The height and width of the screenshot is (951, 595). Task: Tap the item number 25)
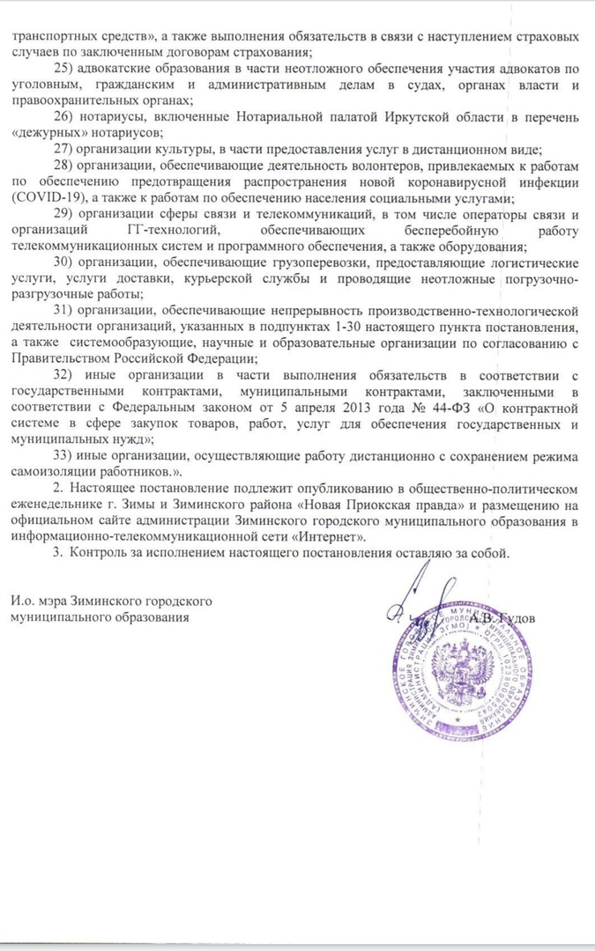tap(64, 69)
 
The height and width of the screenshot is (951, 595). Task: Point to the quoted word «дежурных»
tap(45, 133)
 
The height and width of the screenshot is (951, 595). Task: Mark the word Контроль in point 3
tap(107, 554)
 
